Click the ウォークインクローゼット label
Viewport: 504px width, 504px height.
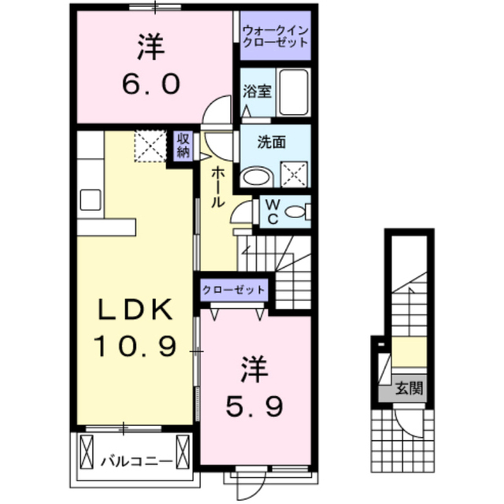click(x=276, y=36)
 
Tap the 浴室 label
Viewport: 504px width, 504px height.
click(x=258, y=91)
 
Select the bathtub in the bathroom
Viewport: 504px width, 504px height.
click(x=294, y=92)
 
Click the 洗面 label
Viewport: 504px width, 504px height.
click(x=272, y=143)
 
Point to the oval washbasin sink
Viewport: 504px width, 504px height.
click(x=258, y=176)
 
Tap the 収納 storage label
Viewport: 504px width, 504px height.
click(x=183, y=146)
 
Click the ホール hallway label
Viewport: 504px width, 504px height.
click(x=217, y=187)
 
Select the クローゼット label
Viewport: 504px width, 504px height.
click(x=234, y=291)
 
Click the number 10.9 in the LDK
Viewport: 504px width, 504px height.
click(x=135, y=346)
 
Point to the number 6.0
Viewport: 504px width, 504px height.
click(x=151, y=83)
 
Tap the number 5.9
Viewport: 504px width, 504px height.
click(x=254, y=406)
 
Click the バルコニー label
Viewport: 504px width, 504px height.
click(x=136, y=462)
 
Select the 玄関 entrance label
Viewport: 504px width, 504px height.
click(x=409, y=388)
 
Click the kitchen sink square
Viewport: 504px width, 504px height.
click(x=91, y=200)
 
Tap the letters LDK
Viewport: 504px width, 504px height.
click(x=135, y=309)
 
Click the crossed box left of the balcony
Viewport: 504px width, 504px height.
click(x=86, y=454)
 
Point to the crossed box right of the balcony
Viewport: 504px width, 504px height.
click(x=183, y=454)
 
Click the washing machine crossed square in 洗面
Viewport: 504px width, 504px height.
click(x=295, y=174)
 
